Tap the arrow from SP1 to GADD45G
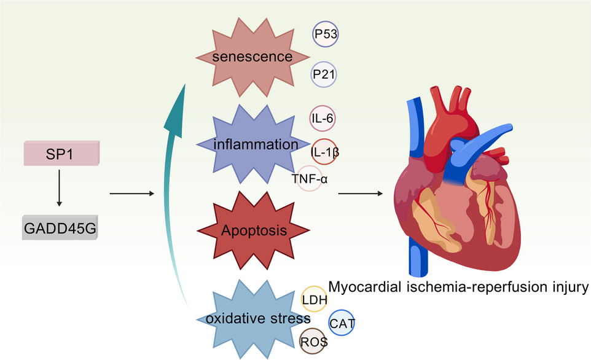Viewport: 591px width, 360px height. point(59,191)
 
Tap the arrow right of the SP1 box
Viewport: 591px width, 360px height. point(131,194)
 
